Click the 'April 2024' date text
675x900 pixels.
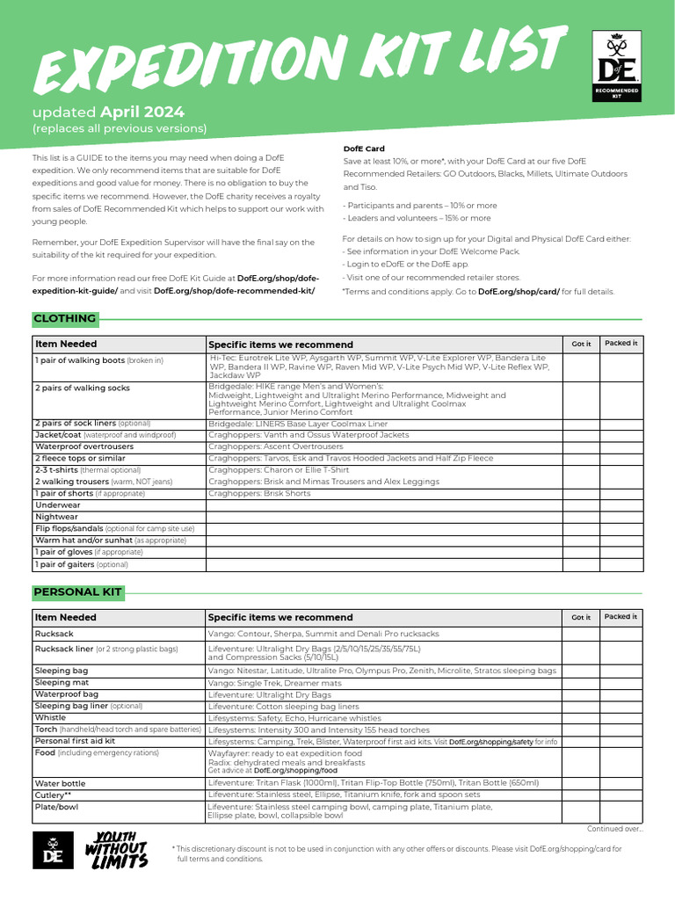click(142, 112)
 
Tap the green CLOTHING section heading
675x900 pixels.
click(64, 318)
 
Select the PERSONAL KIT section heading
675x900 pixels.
click(78, 592)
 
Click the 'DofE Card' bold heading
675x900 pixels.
click(363, 149)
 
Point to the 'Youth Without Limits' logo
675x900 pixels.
click(116, 850)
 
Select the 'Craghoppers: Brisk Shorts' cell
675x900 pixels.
click(259, 494)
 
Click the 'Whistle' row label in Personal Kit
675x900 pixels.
click(50, 717)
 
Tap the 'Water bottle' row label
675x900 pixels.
click(61, 783)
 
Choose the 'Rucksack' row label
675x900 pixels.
click(54, 633)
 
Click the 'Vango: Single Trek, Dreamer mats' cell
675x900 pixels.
click(275, 682)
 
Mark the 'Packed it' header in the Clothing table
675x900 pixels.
click(621, 343)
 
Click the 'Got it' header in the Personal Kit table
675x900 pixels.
click(581, 617)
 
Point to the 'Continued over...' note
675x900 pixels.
click(614, 828)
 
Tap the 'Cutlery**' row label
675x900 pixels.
click(54, 795)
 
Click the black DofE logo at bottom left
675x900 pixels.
click(53, 850)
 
